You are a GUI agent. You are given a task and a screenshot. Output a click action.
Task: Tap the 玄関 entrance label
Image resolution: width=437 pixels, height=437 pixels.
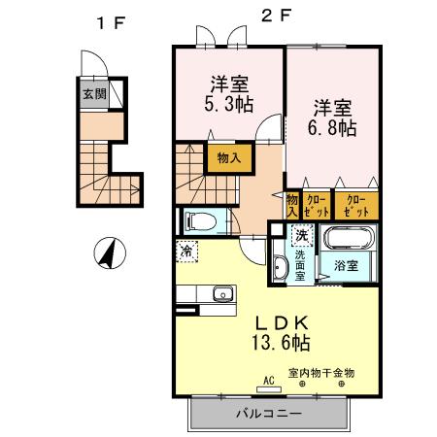[93, 94]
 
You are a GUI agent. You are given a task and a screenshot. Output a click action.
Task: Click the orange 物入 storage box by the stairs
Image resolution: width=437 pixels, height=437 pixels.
[229, 155]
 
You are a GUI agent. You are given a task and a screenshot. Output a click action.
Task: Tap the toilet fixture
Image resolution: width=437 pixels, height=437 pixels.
[200, 219]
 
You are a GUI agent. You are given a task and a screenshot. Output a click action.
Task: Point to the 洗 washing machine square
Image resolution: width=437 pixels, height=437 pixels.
[301, 234]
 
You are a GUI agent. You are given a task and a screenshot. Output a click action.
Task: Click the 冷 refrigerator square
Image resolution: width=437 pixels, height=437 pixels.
[186, 251]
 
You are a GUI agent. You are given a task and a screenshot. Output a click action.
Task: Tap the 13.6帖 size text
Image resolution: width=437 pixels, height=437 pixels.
[281, 343]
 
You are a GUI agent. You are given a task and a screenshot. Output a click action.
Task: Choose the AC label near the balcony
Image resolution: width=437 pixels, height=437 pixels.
[267, 382]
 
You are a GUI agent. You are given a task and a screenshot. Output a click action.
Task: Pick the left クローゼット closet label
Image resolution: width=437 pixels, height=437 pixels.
[316, 205]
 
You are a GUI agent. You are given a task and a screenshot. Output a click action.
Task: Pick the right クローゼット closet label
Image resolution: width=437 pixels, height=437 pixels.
[355, 205]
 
